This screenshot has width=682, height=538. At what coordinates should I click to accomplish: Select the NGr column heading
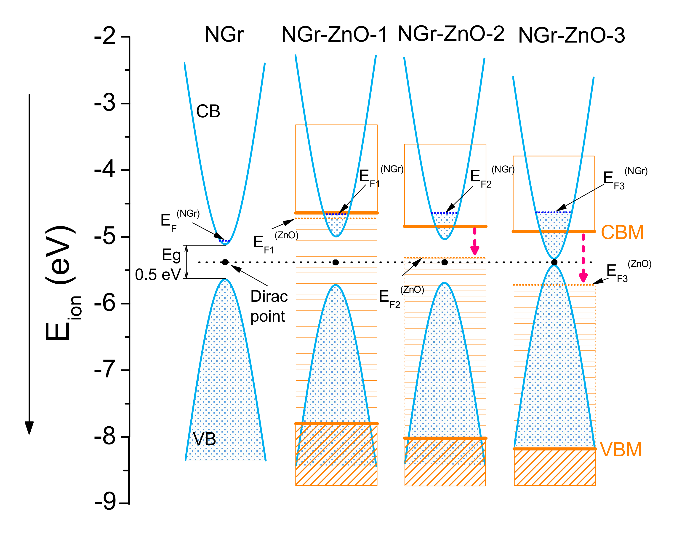tap(224, 34)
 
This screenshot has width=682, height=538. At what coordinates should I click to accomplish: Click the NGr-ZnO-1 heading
tap(334, 34)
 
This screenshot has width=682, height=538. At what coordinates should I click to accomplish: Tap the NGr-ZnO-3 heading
tap(571, 35)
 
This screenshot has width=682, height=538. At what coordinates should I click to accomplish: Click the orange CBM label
tap(622, 232)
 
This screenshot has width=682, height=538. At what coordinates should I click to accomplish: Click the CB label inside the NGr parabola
tap(208, 111)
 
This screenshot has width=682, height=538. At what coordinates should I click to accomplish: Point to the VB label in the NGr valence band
tap(204, 439)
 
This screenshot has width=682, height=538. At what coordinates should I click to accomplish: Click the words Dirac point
tap(269, 306)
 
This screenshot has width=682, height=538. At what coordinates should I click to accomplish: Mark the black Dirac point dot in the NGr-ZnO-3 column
tap(554, 262)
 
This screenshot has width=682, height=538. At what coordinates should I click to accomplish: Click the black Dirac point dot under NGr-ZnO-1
tap(336, 262)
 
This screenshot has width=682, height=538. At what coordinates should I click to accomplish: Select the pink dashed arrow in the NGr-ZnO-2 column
tap(475, 242)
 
